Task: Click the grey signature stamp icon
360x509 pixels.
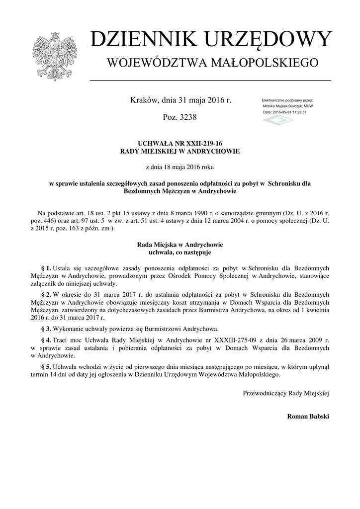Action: tap(278, 121)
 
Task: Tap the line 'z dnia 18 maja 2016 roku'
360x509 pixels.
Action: tap(180, 167)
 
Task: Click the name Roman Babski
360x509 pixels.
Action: tap(308, 416)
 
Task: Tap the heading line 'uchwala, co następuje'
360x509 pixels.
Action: tap(180, 253)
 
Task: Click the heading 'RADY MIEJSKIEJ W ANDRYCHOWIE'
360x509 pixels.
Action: tap(180, 151)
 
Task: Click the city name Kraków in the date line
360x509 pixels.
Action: tap(144, 100)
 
